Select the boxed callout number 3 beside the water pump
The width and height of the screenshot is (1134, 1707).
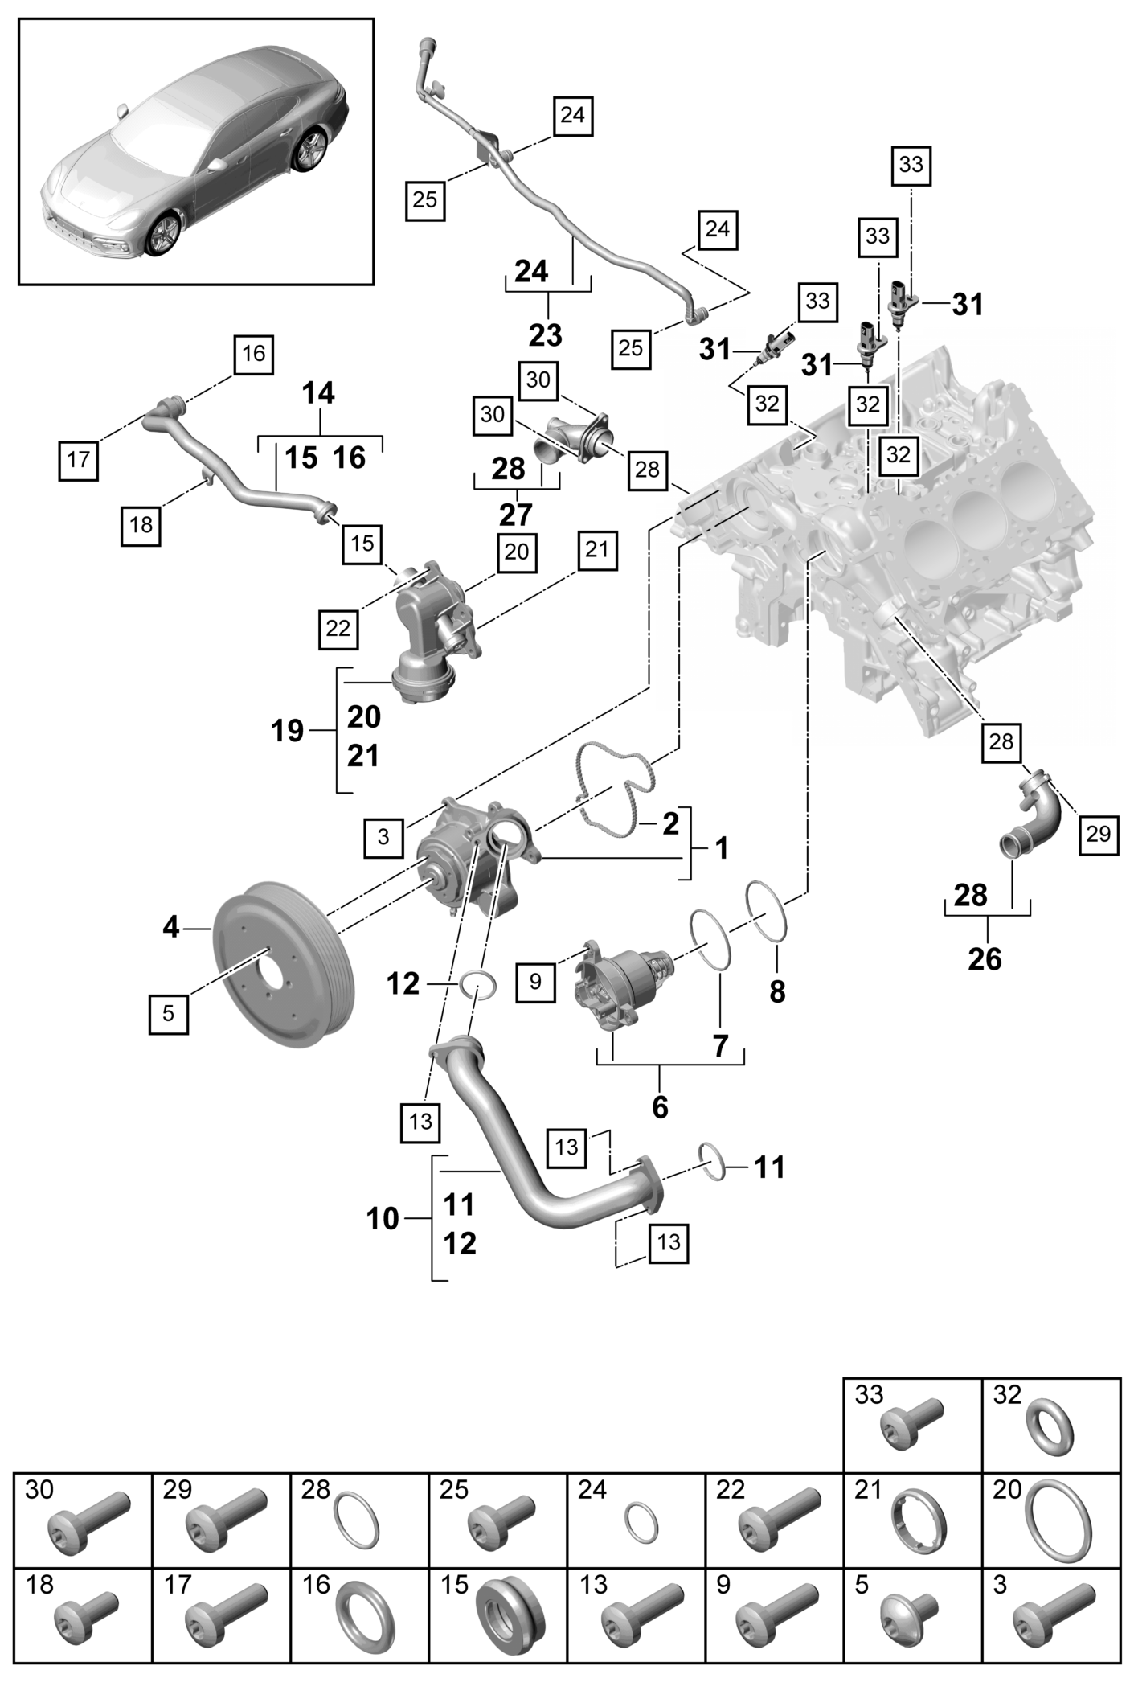(383, 837)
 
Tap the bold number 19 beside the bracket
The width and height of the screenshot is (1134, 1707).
(288, 732)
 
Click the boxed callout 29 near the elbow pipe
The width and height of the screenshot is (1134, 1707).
(1098, 835)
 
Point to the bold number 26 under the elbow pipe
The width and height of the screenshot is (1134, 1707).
(985, 958)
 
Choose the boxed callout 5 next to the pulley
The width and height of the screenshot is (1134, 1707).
(168, 1013)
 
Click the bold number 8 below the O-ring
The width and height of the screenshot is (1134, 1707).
(777, 992)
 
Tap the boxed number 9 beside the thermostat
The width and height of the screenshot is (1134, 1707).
(535, 981)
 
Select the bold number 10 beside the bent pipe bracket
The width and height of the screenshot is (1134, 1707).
(383, 1219)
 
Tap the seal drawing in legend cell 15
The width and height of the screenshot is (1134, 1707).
(507, 1616)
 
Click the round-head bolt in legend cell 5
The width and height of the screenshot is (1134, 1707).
(910, 1616)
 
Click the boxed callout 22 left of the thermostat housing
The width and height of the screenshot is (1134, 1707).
(338, 628)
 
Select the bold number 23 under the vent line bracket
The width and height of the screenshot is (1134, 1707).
(546, 334)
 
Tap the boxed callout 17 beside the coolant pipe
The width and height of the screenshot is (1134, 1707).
(79, 460)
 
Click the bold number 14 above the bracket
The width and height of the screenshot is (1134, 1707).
(319, 394)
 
